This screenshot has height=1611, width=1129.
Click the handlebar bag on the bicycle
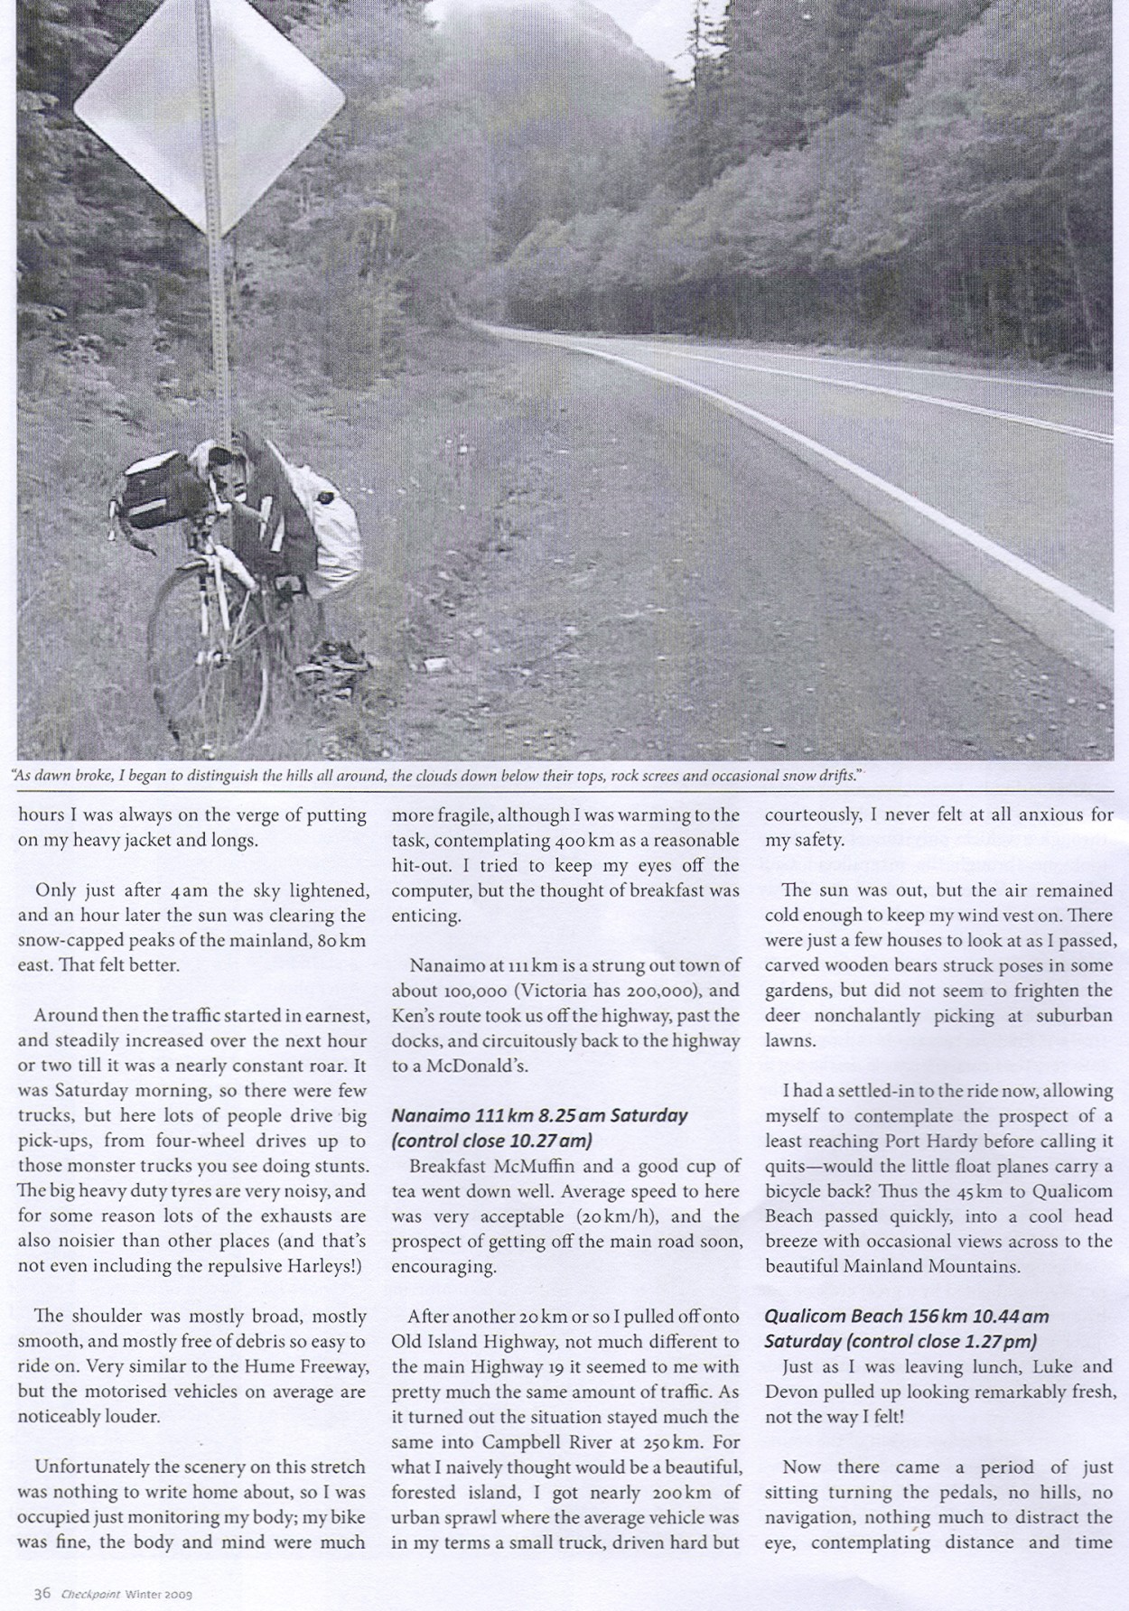tap(158, 492)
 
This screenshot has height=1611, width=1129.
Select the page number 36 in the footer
tap(42, 1594)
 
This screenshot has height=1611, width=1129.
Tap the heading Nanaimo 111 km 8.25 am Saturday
tap(539, 1115)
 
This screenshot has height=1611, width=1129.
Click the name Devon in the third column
tap(790, 1392)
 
